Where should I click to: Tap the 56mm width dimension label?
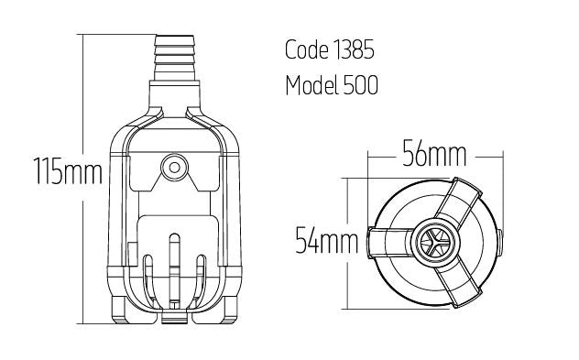coord(435,155)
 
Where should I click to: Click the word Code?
coord(307,50)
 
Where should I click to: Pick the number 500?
coord(362,86)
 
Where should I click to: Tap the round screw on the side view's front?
coord(172,168)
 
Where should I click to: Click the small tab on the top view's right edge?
coord(501,242)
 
